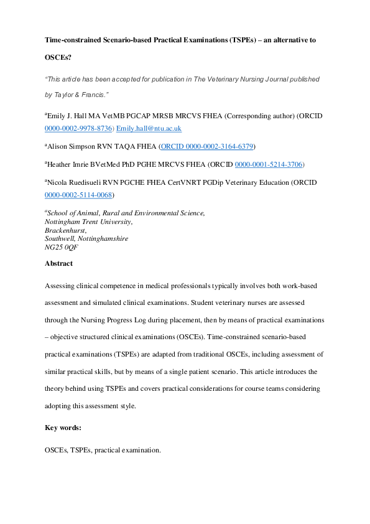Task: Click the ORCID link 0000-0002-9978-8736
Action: (78, 128)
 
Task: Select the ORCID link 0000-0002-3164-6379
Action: (206, 146)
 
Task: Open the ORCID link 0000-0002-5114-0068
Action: (78, 195)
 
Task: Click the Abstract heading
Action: (58, 263)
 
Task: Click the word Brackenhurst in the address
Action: (65, 230)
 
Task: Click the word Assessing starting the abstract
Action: (61, 286)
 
